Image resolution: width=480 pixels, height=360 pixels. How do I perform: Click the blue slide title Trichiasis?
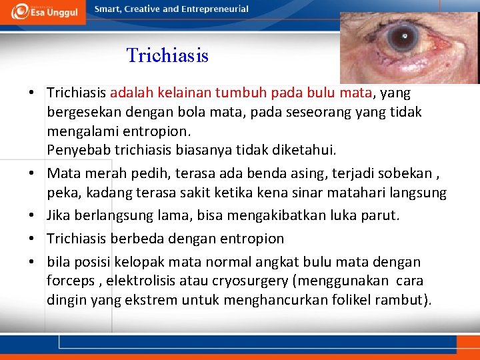coord(167,55)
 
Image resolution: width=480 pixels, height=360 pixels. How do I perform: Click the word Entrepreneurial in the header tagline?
coord(215,9)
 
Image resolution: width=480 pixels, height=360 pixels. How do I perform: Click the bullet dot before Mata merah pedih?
coord(32,174)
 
